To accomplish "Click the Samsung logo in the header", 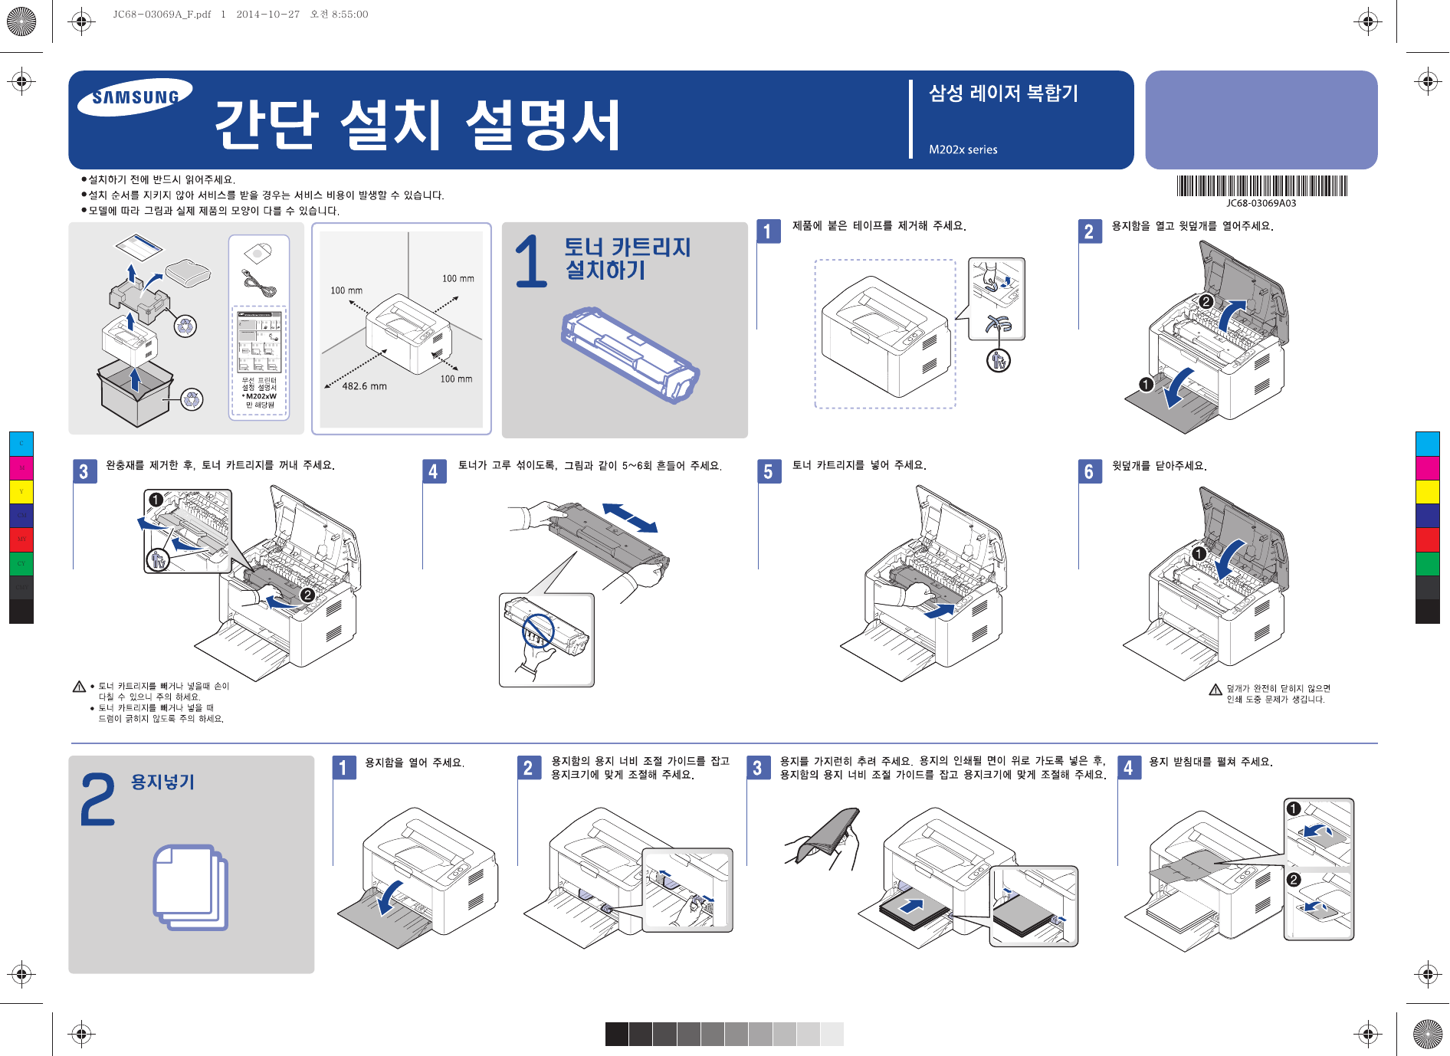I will coord(135,97).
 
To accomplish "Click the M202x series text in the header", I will coord(963,149).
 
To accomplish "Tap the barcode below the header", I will coord(1261,186).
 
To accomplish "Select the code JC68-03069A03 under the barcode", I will coord(1261,203).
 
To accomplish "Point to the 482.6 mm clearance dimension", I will coord(364,386).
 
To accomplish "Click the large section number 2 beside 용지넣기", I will coord(98,799).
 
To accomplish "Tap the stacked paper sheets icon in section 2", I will coord(190,887).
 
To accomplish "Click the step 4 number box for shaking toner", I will coord(433,471).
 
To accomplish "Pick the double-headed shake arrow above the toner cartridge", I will coord(630,517).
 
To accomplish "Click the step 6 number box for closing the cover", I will coord(1088,471).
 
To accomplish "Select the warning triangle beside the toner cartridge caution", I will coord(79,687).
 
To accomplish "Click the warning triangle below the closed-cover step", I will coord(1215,690).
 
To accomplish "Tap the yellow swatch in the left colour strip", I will coord(21,491).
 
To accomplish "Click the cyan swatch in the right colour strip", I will coord(1427,444).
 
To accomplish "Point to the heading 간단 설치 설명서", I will coord(417,125).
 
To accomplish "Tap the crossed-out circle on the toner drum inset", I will coord(538,630).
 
